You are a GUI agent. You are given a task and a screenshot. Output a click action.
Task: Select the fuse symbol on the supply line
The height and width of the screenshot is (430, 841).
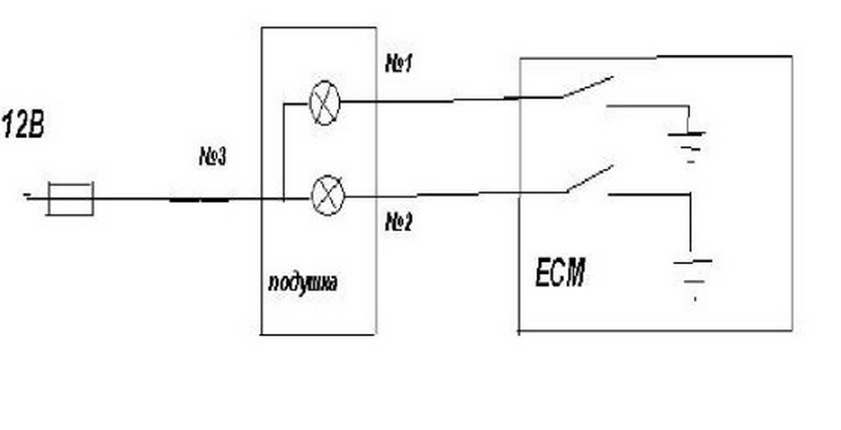pos(70,199)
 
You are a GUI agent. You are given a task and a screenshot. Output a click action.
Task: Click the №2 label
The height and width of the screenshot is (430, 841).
pos(398,222)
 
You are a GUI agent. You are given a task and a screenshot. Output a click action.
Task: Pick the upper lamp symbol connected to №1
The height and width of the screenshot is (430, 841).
pos(324,103)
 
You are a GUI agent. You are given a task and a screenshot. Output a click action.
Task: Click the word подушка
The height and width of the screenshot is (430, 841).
pos(302,284)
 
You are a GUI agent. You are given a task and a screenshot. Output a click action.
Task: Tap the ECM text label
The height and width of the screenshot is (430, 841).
pos(560,272)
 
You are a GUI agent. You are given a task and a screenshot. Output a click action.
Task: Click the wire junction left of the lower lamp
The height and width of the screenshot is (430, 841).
pos(283,198)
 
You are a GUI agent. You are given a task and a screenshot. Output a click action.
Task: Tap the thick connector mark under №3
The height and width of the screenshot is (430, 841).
pos(200,199)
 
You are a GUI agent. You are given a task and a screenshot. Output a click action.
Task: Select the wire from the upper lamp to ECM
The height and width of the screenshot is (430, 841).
pos(427,101)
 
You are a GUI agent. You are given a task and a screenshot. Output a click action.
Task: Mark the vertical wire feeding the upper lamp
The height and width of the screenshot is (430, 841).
pos(283,152)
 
